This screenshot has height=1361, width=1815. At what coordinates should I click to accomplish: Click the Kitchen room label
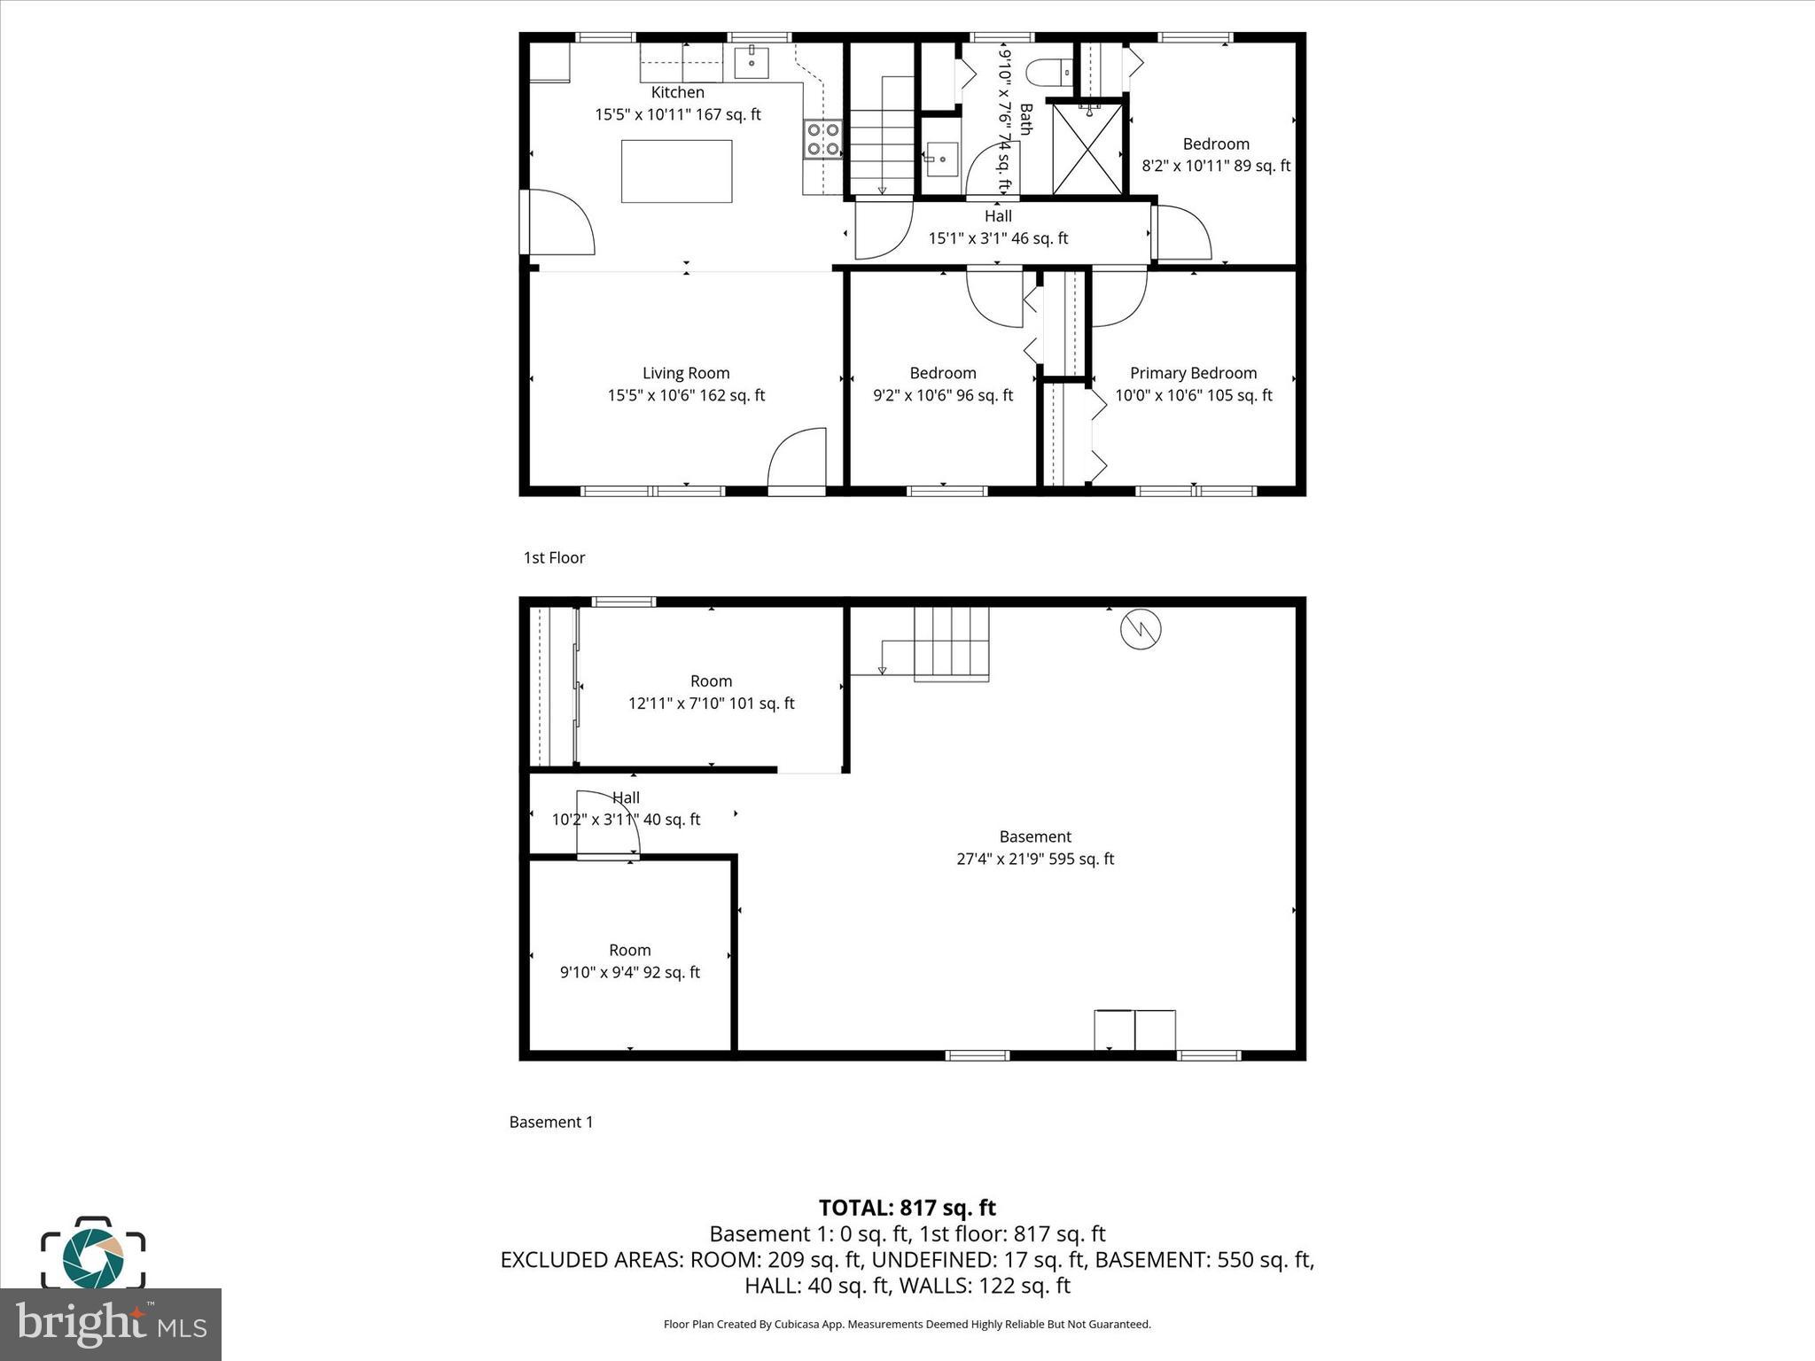point(677,92)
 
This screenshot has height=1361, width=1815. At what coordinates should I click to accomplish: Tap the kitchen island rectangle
point(676,171)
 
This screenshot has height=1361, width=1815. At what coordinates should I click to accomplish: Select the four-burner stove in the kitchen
point(823,140)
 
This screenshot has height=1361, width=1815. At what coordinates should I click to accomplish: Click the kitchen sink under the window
point(752,63)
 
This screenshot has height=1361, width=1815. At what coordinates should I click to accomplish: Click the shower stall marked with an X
point(1087,149)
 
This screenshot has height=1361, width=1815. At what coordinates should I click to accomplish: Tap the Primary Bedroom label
point(1193,373)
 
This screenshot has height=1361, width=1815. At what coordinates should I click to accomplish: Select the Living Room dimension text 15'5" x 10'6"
point(686,395)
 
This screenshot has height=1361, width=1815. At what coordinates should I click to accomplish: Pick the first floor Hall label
point(998,216)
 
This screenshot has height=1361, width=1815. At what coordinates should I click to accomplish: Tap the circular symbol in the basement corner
point(1141,630)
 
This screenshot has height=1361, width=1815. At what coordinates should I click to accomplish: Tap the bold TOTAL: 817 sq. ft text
point(907,1208)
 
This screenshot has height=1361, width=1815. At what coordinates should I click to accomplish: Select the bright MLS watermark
point(111,1325)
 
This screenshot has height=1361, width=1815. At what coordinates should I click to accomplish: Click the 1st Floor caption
point(554,557)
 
